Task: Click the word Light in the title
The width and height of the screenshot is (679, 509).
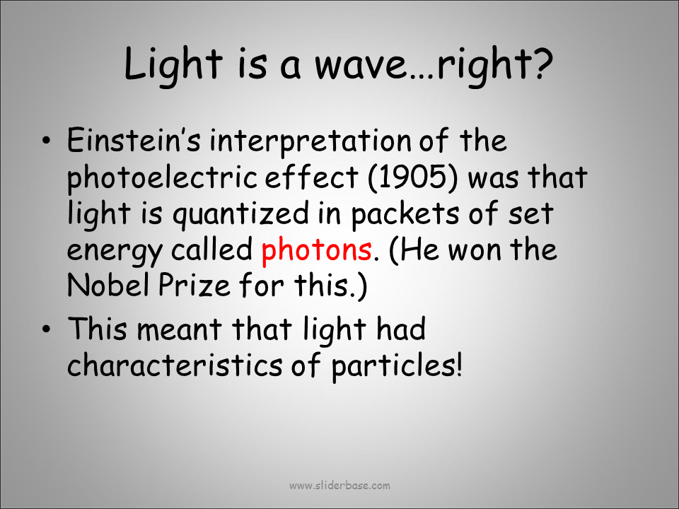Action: [x=174, y=65]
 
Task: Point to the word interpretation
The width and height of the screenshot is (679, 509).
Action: [x=310, y=143]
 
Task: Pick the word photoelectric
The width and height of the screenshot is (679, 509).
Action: [x=163, y=179]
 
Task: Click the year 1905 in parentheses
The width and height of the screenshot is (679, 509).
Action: [x=413, y=177]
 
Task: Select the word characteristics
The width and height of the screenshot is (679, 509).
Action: [x=175, y=365]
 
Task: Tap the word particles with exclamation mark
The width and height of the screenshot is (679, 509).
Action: [x=397, y=366]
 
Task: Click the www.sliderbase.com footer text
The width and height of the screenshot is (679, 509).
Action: [x=339, y=485]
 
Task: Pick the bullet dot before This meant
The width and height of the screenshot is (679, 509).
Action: [x=47, y=329]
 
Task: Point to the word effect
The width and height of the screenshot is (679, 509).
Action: [x=311, y=177]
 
